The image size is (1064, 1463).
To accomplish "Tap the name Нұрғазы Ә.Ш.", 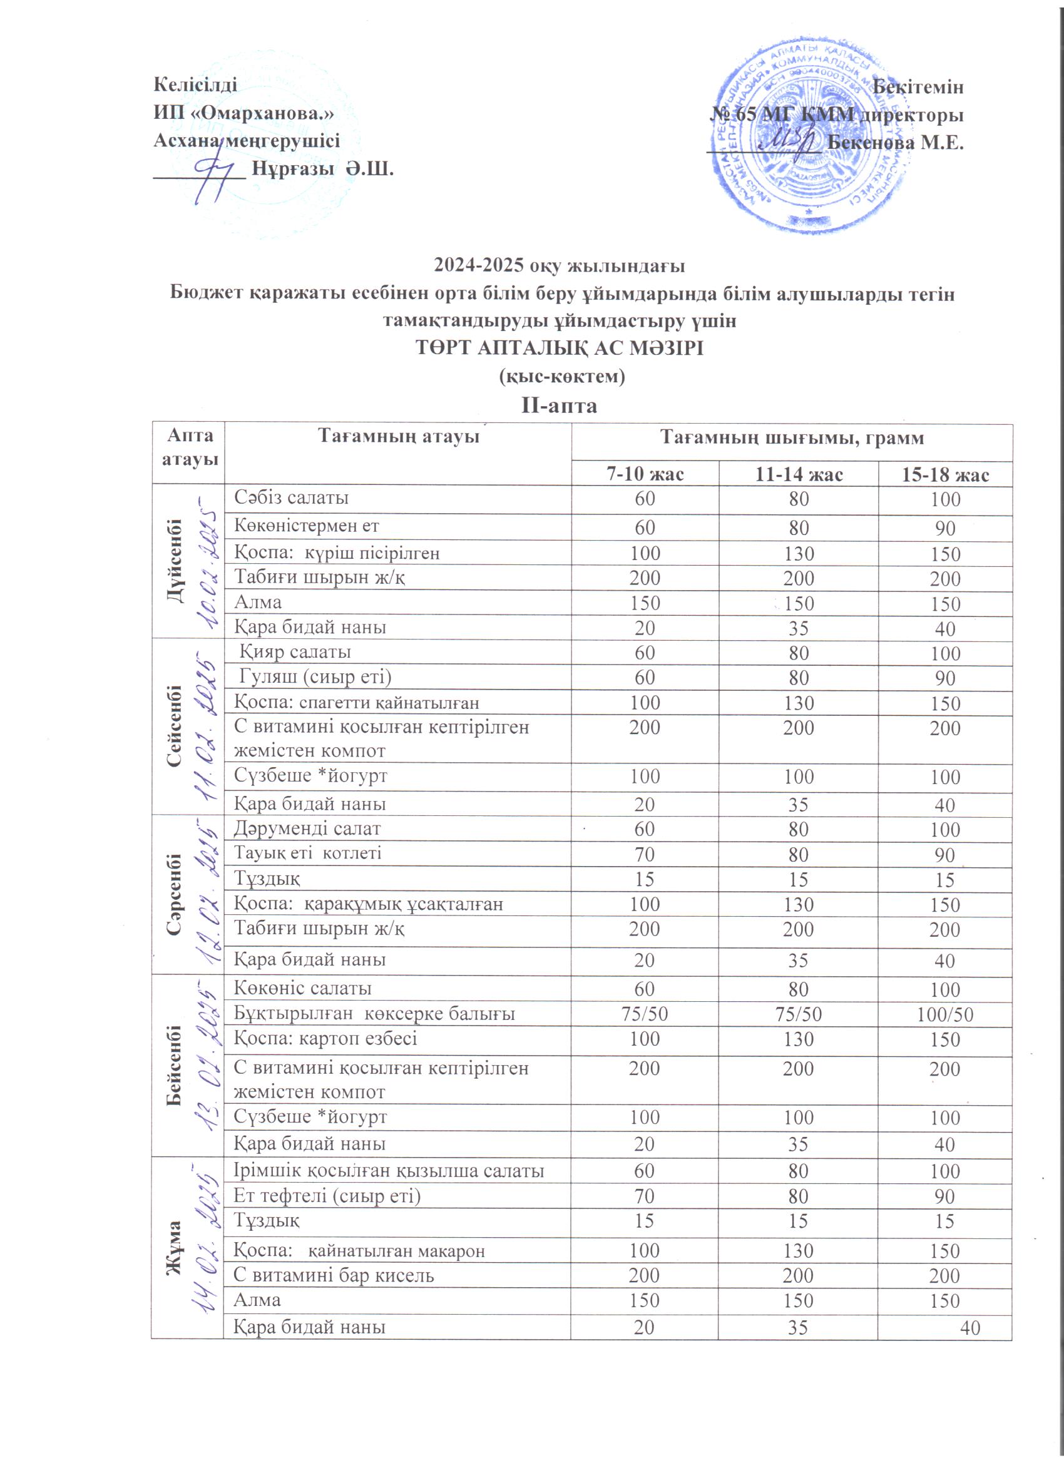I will coord(322,170).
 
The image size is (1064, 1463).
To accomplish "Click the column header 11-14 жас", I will coord(798,475).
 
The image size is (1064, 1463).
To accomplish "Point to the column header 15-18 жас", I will coord(944,475).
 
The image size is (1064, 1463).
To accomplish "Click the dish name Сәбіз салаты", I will coord(291,497).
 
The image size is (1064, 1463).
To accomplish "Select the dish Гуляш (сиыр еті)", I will coord(315,676).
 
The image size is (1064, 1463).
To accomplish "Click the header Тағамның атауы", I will coord(399,437).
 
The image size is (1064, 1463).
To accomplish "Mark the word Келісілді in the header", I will coord(195,85).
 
